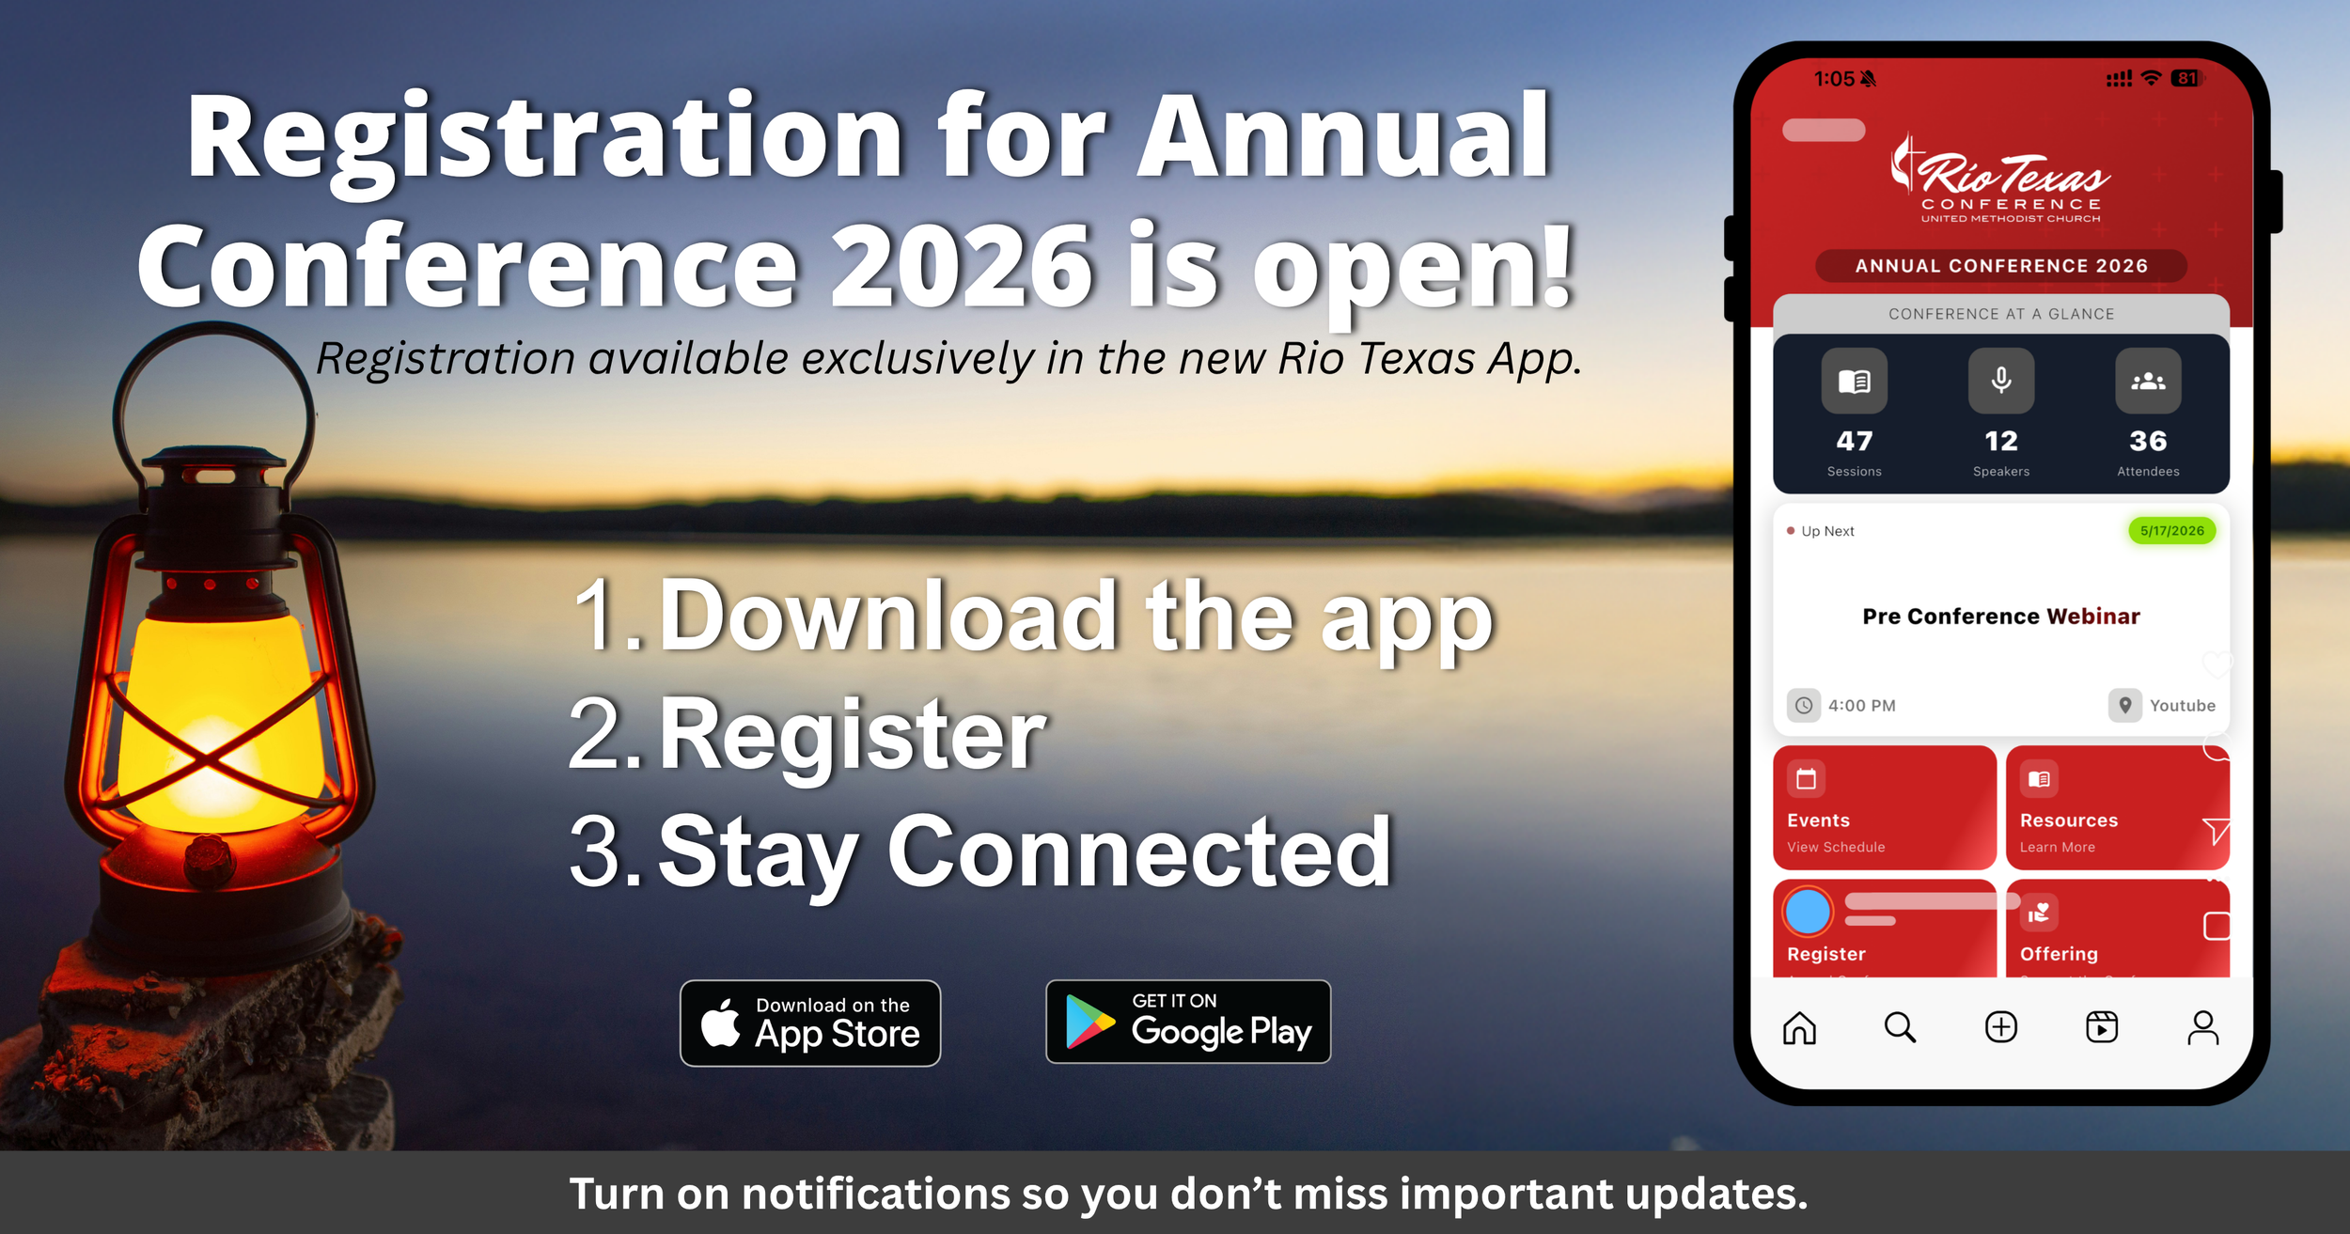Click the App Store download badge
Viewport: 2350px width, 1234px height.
coord(810,1023)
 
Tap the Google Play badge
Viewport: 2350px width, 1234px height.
coord(1188,1022)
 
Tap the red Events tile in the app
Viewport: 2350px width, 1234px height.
coord(1884,806)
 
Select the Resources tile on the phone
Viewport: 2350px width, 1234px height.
coord(2117,806)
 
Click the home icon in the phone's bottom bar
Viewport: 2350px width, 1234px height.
coord(1799,1027)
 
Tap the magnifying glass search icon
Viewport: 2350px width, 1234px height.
coord(1900,1027)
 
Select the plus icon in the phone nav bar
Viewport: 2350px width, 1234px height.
coord(2001,1027)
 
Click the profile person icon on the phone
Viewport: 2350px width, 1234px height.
coord(2202,1027)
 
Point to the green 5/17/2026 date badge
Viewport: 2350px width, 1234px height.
coord(2172,531)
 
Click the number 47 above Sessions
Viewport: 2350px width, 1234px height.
coord(1855,441)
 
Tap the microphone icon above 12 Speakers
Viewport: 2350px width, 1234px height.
coord(2001,381)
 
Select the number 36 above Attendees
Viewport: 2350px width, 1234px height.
coord(2148,441)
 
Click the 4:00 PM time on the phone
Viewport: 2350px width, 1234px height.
coord(1861,706)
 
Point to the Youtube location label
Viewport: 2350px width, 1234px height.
coord(2182,706)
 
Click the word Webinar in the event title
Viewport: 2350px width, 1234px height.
coord(2093,617)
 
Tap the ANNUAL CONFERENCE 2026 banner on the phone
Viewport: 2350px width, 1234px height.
coord(2001,266)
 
